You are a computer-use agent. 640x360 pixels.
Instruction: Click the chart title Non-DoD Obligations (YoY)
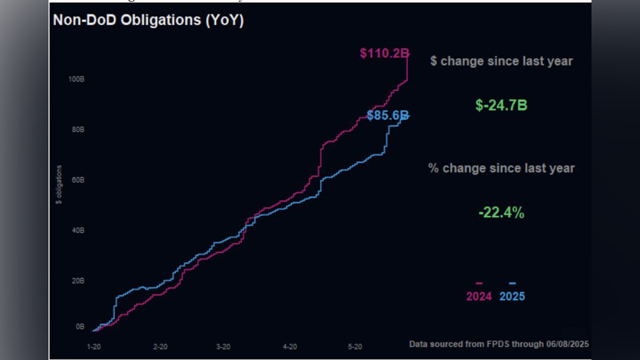[x=148, y=21]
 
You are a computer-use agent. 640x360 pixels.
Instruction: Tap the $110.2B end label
[x=384, y=53]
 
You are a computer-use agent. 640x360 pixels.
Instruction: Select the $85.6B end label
[x=388, y=115]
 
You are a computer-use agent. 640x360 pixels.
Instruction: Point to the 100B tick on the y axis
[x=77, y=79]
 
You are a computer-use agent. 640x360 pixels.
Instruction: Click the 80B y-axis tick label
[x=77, y=130]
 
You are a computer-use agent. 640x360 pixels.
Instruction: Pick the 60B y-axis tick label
[x=77, y=180]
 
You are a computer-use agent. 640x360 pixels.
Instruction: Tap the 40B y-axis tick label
[x=77, y=230]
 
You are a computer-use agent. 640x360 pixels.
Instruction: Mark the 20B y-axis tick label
[x=77, y=281]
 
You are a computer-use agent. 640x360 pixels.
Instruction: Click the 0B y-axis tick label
[x=79, y=326]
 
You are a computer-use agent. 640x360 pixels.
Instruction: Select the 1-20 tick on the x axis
[x=94, y=347]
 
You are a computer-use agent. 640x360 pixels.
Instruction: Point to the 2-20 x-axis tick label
[x=161, y=347]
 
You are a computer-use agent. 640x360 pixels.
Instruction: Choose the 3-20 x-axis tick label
[x=223, y=347]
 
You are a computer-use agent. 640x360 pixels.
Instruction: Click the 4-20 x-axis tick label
[x=290, y=347]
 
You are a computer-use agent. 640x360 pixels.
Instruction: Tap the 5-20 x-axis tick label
[x=355, y=347]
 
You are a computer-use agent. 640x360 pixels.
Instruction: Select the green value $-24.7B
[x=501, y=105]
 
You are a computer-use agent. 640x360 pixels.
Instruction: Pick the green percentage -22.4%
[x=501, y=213]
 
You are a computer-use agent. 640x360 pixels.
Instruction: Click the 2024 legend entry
[x=479, y=296]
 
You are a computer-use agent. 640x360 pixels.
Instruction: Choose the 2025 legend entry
[x=512, y=296]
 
